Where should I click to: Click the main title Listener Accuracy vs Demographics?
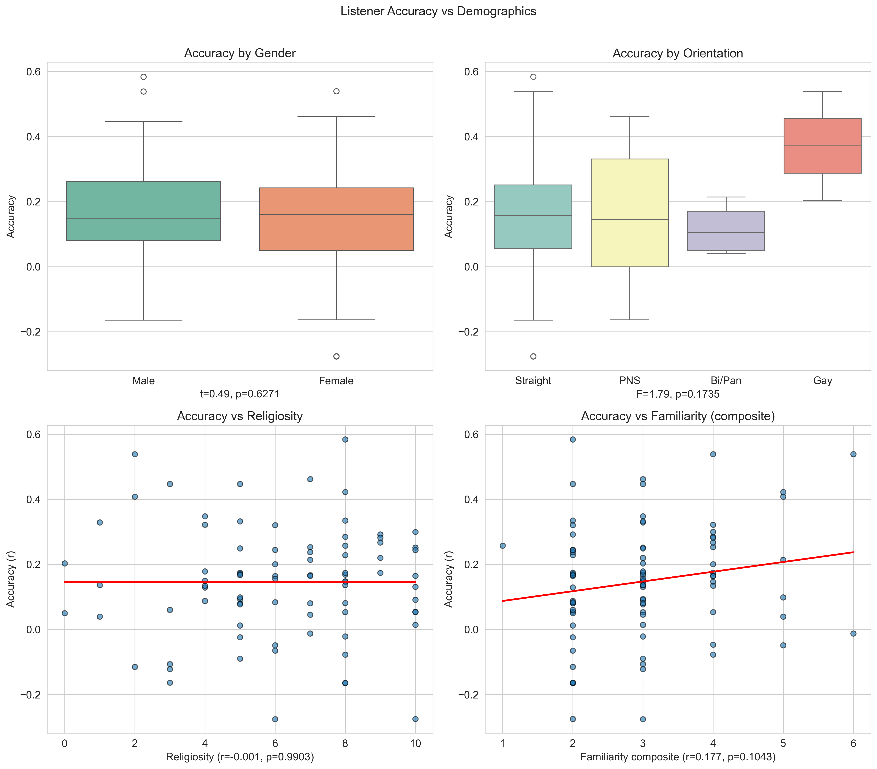[x=438, y=11]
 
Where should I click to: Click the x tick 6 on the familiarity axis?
[x=853, y=743]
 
